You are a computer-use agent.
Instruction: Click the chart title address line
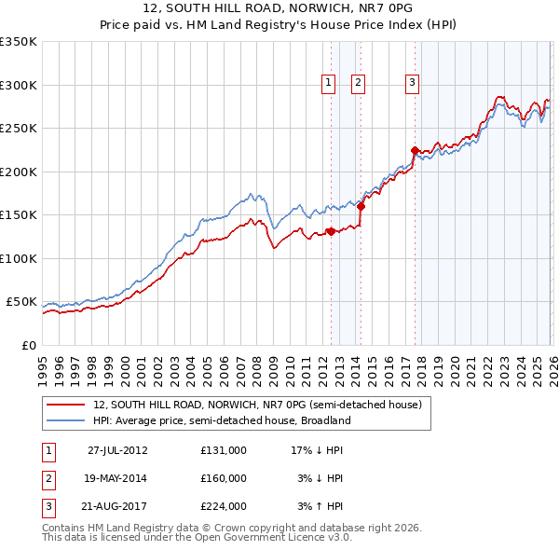pyautogui.click(x=279, y=9)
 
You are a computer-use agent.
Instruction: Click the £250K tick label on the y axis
pyautogui.click(x=19, y=128)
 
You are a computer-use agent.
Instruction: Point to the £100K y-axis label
pyautogui.click(x=19, y=258)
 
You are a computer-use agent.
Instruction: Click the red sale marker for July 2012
pyautogui.click(x=331, y=232)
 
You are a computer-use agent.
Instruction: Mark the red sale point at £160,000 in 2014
pyautogui.click(x=361, y=207)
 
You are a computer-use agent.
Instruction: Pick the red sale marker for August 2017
pyautogui.click(x=414, y=150)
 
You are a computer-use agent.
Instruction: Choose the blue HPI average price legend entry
pyautogui.click(x=221, y=420)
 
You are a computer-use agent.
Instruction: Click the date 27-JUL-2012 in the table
pyautogui.click(x=117, y=450)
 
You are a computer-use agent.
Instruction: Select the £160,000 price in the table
pyautogui.click(x=224, y=478)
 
